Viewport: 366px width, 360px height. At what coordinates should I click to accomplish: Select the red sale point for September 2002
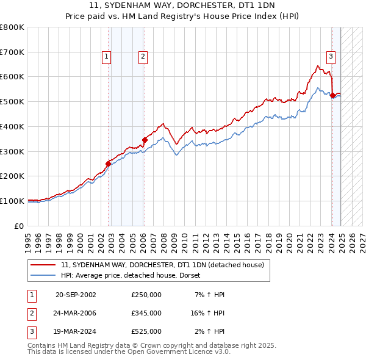tap(108, 164)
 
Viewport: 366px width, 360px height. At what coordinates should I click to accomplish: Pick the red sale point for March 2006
tap(145, 140)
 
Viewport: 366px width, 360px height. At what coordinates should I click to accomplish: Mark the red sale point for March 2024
tap(332, 95)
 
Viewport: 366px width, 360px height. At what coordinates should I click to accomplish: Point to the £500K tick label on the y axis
tap(12, 101)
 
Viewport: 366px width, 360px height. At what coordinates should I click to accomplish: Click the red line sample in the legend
tap(44, 265)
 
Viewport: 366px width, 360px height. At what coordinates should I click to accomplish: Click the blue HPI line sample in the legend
tap(44, 275)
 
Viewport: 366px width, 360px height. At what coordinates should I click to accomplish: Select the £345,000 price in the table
tap(146, 313)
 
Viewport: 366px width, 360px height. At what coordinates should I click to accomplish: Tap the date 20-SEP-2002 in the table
tap(76, 295)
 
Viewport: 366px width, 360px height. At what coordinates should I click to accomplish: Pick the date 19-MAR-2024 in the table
tap(76, 331)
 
